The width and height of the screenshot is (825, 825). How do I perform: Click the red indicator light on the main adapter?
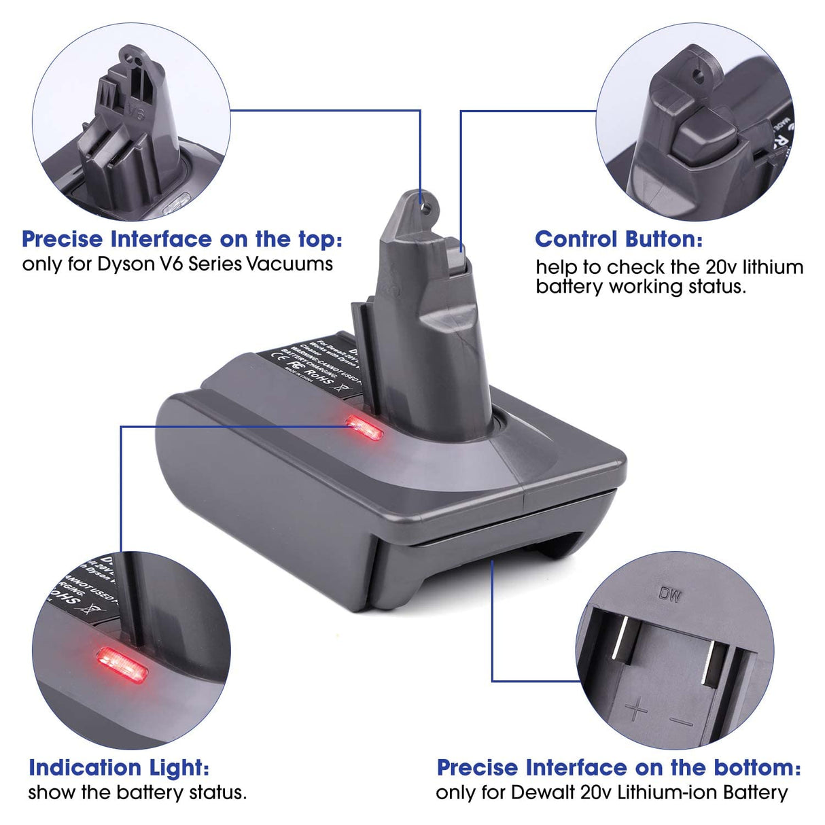pos(365,427)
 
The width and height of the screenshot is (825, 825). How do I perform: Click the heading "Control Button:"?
pos(618,239)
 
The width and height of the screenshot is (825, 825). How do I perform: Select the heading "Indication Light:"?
pos(119,768)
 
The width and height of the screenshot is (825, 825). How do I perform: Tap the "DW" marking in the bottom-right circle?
pos(669,594)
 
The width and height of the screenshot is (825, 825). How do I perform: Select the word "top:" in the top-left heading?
pos(317,239)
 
